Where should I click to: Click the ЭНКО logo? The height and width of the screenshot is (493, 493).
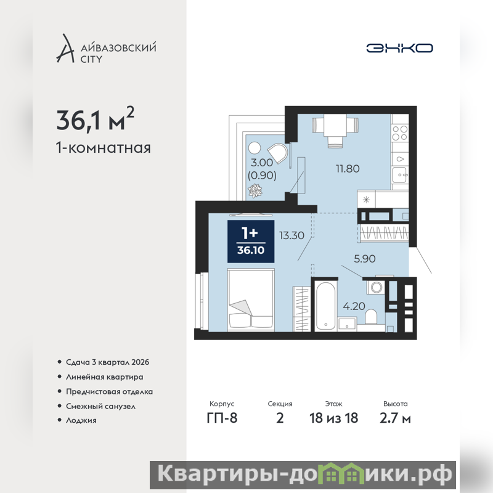[x=399, y=48]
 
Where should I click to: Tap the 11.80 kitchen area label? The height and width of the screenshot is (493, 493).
[x=348, y=168]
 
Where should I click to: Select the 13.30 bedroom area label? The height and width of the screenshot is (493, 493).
[x=291, y=235]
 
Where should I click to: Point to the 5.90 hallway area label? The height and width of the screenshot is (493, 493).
[x=365, y=258]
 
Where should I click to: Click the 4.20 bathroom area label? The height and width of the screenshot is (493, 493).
[x=354, y=306]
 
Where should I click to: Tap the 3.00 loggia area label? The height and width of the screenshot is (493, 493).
[x=261, y=163]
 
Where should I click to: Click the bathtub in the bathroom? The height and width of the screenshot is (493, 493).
[x=325, y=306]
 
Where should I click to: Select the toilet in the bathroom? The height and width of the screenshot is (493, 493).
[x=372, y=317]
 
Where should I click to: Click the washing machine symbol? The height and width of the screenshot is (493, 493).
[x=376, y=287]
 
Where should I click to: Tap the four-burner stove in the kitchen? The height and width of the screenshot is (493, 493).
[x=400, y=133]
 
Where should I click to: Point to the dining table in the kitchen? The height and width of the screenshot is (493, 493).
[x=335, y=126]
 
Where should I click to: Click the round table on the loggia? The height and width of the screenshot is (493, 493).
[x=255, y=148]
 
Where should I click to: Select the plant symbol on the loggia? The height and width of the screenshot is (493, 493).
[x=255, y=191]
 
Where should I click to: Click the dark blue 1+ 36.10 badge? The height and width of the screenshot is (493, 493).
[x=251, y=242]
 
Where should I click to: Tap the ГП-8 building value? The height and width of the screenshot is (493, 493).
[x=222, y=418]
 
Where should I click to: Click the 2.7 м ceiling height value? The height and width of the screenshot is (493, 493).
[x=395, y=418]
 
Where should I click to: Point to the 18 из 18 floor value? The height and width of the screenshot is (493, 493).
[x=333, y=418]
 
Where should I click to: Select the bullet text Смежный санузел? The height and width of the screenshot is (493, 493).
[x=100, y=406]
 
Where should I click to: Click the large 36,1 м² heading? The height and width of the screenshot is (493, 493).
[x=96, y=119]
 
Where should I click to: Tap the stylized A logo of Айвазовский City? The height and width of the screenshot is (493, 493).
[x=65, y=48]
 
